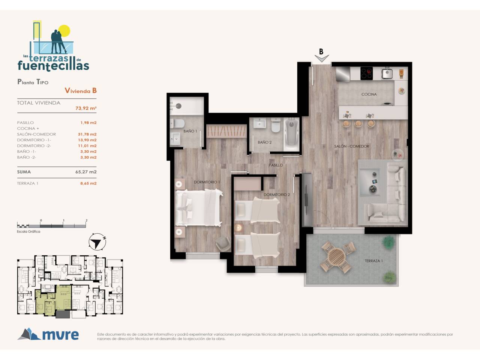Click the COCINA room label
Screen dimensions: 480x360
click(x=369, y=94)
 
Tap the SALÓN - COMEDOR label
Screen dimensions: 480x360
click(x=352, y=146)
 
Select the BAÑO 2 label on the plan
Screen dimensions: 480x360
click(x=265, y=142)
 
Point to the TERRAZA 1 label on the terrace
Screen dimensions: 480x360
click(x=374, y=261)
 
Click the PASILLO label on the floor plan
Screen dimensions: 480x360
click(x=276, y=165)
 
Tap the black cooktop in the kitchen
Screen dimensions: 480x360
click(x=366, y=73)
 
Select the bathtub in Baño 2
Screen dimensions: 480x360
click(x=292, y=134)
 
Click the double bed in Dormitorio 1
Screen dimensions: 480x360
click(x=199, y=208)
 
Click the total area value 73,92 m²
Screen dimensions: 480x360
click(x=86, y=108)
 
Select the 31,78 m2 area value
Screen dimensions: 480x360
click(x=87, y=134)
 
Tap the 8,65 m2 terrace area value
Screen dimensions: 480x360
click(x=88, y=183)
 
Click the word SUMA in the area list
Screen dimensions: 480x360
click(x=24, y=172)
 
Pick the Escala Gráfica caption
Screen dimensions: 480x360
click(x=28, y=231)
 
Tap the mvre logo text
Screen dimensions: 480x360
click(x=60, y=335)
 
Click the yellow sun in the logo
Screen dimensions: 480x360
click(x=64, y=31)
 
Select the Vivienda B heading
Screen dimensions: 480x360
click(x=81, y=90)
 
